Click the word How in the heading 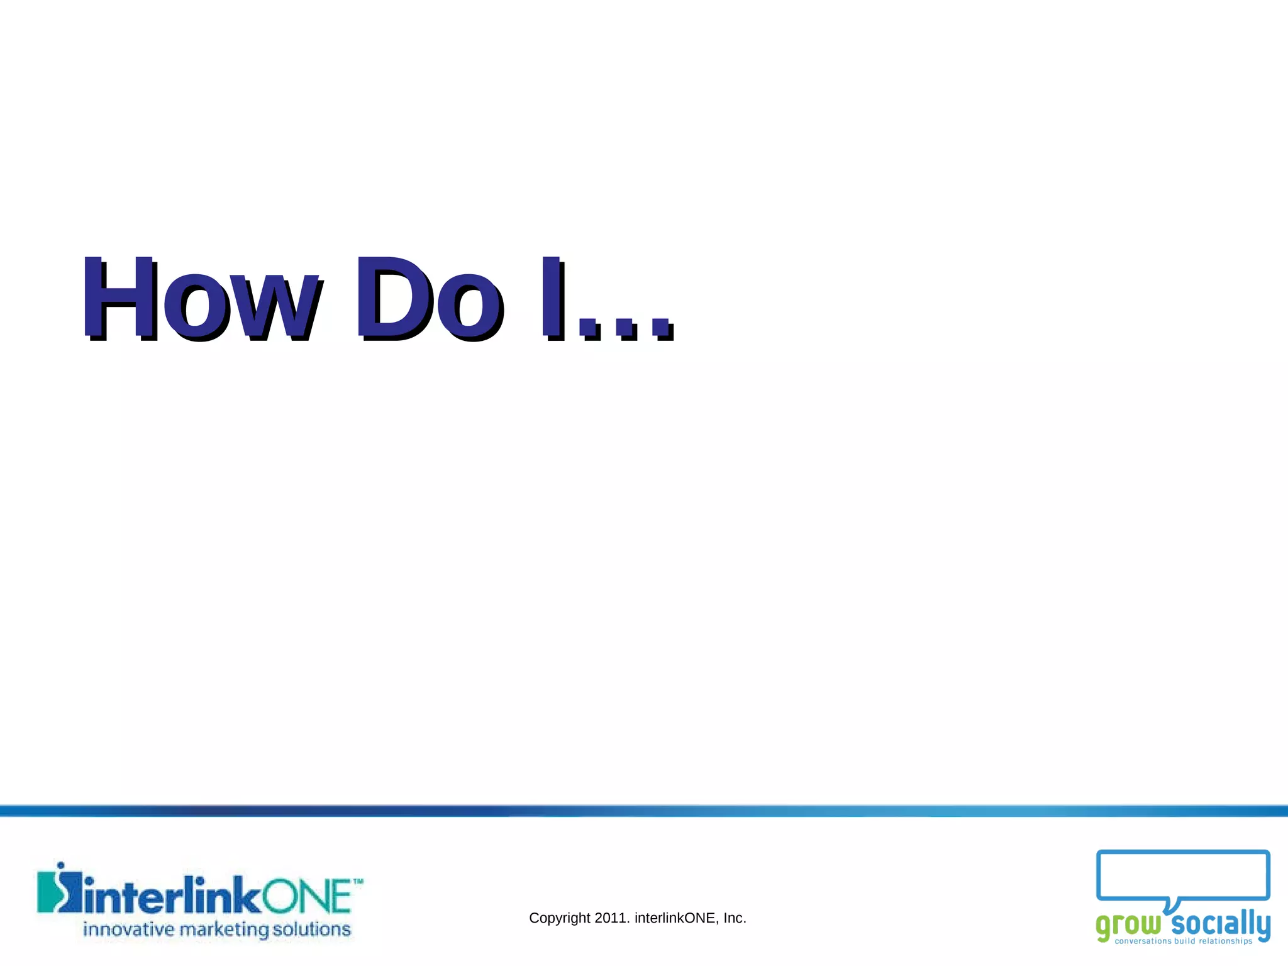click(201, 299)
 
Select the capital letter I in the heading click(552, 299)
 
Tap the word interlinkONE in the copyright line click(675, 918)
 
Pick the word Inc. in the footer click(735, 918)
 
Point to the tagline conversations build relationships click(1184, 941)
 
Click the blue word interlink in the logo click(172, 896)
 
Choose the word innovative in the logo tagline click(129, 929)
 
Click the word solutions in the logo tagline click(311, 929)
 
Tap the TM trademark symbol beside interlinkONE click(358, 882)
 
